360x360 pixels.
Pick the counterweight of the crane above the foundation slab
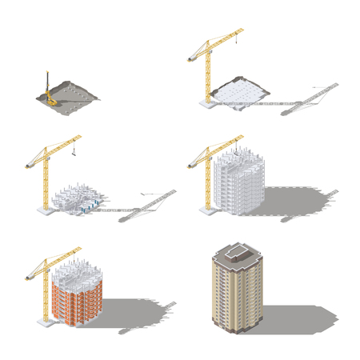[x=192, y=58]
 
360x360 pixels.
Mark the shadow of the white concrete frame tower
[x=296, y=196]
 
